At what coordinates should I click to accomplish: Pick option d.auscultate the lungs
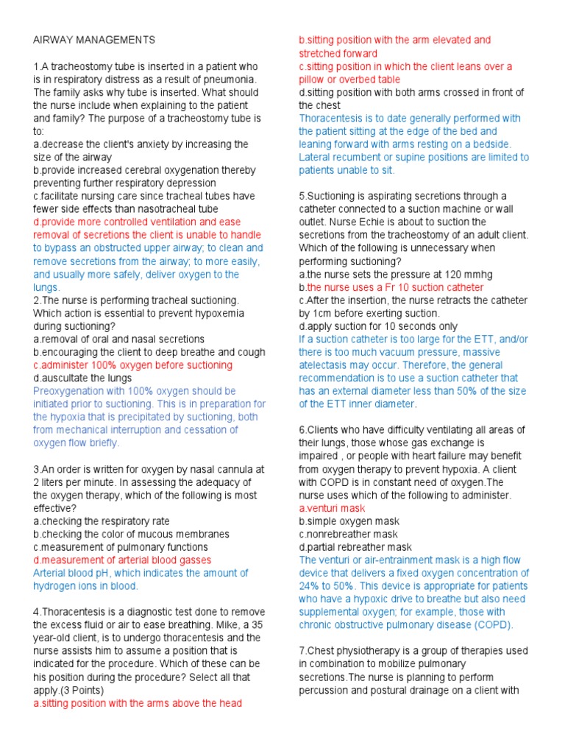pos(82,378)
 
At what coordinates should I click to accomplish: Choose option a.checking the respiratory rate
pos(101,521)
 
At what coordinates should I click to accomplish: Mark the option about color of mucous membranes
pos(131,534)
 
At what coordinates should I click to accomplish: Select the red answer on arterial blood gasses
pos(122,560)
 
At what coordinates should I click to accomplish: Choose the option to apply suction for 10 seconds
pos(378,326)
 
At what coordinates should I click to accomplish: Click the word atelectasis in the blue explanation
pos(326,365)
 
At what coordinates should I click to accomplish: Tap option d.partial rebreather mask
pos(355,547)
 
